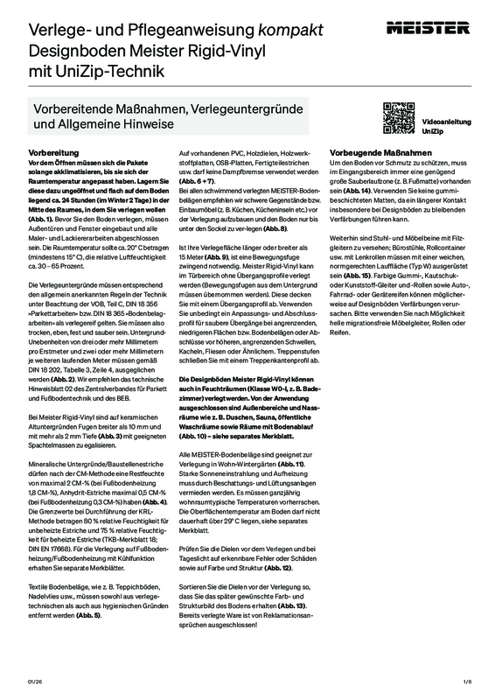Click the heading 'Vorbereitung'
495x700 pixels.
coord(54,152)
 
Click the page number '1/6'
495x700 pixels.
coord(467,680)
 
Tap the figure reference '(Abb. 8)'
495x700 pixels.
coord(269,252)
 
